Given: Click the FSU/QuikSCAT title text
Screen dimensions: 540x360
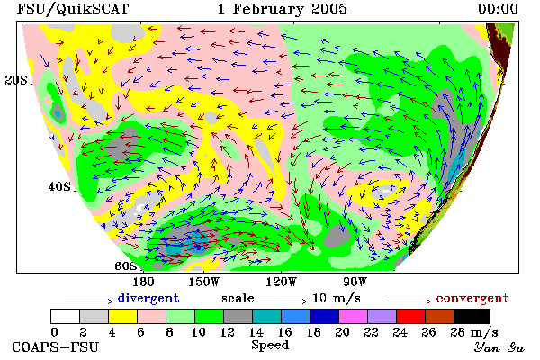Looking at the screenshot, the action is pos(73,9).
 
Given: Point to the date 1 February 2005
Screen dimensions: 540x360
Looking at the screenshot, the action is pos(282,9).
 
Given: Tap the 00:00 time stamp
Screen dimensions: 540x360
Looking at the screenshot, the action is pos(498,9).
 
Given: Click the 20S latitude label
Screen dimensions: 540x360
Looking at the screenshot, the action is pos(16,80).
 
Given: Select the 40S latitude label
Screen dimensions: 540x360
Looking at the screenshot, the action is pos(59,187).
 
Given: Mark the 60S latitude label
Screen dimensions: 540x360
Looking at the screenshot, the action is pos(126,266).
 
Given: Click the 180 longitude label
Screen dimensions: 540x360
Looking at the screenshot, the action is pos(143,282).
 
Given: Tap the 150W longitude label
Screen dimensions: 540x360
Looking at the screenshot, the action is pos(204,282).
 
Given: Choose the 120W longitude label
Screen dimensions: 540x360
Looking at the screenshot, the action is pos(281,282).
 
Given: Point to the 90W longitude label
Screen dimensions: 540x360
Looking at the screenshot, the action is pos(355,282).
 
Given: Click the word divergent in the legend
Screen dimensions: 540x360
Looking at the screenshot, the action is pos(148,298).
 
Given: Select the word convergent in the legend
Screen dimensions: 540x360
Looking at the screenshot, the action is pos(472,298).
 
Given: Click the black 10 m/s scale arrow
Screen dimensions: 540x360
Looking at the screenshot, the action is pos(283,301).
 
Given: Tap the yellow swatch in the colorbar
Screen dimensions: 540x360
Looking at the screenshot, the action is pos(123,316).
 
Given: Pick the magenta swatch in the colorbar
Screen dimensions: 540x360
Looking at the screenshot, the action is pos(354,316).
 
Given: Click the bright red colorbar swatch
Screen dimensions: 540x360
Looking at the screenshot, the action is pos(411,316).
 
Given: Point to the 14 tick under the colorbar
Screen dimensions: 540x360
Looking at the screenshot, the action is pos(256,332).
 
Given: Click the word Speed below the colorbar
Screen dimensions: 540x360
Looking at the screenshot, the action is pos(270,346).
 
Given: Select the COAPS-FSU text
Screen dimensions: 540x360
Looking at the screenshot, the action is pos(56,346).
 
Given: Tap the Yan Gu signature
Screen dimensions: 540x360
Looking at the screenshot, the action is pos(499,347).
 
